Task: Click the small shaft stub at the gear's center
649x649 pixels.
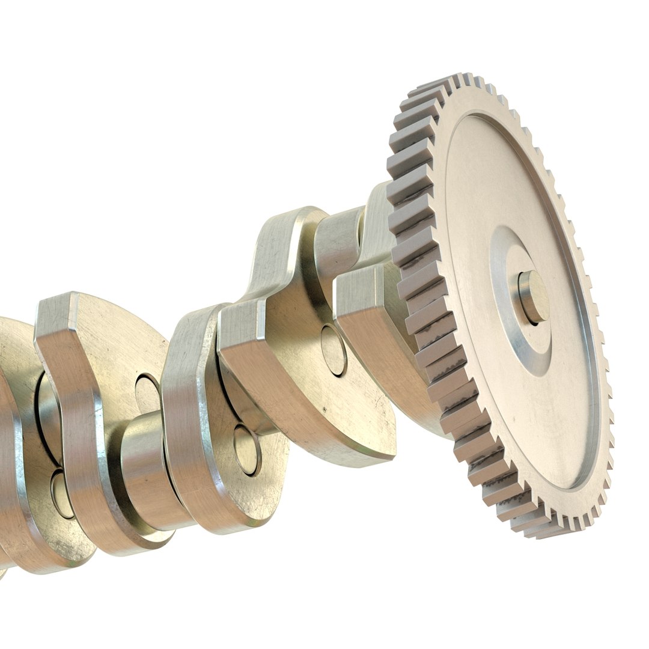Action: point(533,297)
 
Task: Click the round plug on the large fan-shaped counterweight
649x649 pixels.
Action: point(147,394)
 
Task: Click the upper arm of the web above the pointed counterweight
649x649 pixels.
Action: point(282,240)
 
